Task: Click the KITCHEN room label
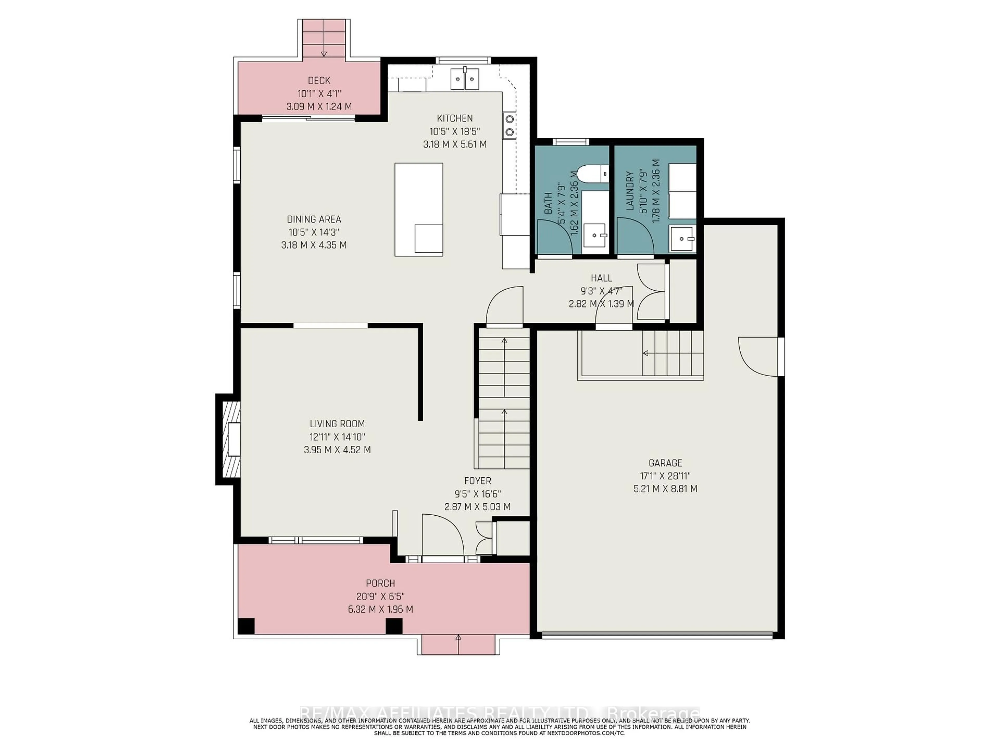click(x=454, y=118)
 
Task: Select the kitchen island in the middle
click(x=419, y=209)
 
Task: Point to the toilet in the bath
click(x=593, y=173)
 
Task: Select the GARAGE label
click(x=665, y=463)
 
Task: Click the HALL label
click(x=601, y=278)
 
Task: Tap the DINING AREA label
click(x=314, y=219)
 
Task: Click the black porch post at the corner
click(x=246, y=626)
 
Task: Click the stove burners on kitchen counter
click(x=509, y=125)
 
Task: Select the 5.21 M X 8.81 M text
click(x=665, y=489)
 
